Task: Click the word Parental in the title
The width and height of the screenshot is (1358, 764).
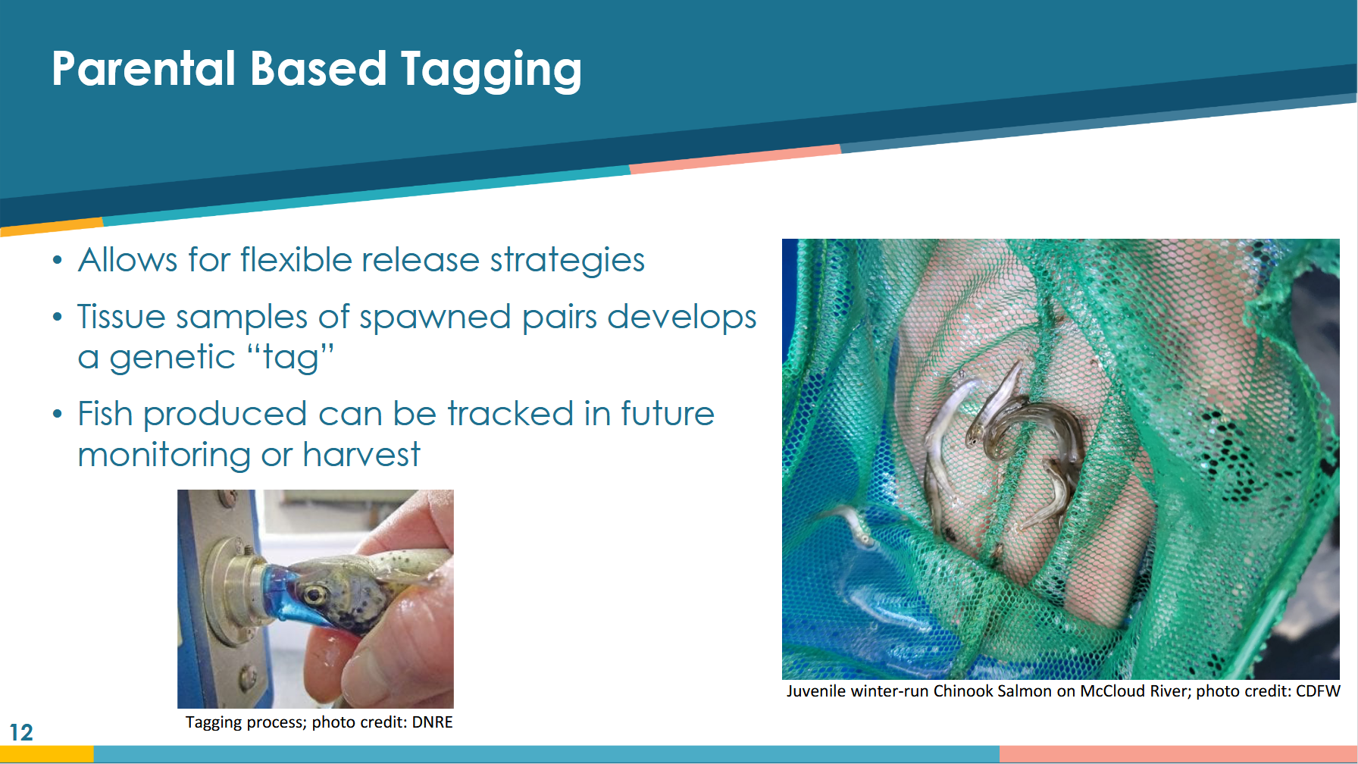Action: (x=144, y=68)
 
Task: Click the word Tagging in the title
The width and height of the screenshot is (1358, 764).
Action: (x=491, y=70)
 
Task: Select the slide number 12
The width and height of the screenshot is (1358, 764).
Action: (x=21, y=732)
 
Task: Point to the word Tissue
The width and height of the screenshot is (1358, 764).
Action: (x=121, y=316)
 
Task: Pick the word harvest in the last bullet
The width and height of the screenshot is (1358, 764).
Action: (x=361, y=454)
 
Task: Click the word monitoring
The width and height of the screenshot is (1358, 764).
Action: (x=164, y=455)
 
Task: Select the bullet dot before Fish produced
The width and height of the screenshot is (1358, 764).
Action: (x=58, y=415)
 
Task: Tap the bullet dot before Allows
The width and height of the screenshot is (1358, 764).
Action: (x=58, y=261)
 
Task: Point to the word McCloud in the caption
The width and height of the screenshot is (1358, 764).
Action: (x=1112, y=690)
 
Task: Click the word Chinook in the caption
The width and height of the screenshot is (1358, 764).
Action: (x=962, y=690)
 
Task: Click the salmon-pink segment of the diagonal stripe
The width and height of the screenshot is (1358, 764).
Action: (x=735, y=159)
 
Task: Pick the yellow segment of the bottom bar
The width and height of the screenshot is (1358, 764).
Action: (x=47, y=754)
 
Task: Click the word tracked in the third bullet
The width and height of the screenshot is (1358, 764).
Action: (x=510, y=414)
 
